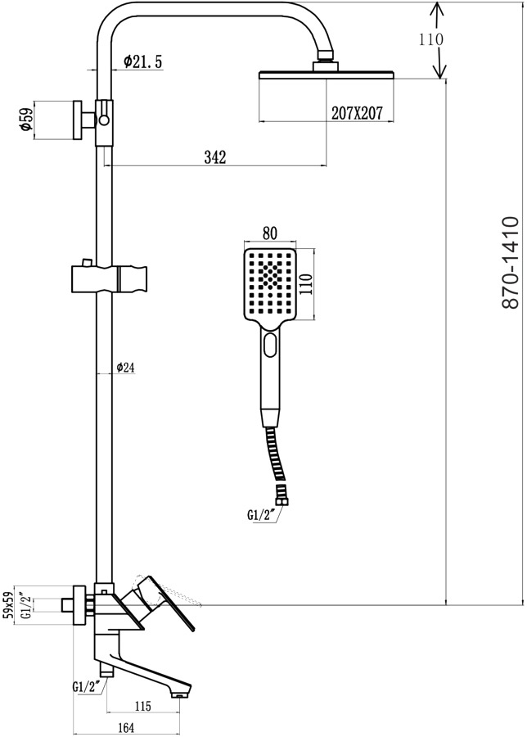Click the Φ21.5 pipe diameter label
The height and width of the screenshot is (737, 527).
coord(142,61)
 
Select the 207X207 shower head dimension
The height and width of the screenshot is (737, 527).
coord(357,113)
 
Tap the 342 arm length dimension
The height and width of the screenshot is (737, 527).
coord(215,157)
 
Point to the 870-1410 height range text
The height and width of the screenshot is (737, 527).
coord(510,262)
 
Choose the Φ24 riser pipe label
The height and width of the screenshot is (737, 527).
coord(125,367)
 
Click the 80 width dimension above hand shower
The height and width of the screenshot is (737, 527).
coord(270,233)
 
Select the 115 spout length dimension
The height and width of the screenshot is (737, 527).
coord(142,707)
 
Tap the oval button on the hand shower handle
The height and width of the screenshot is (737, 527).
coord(271,345)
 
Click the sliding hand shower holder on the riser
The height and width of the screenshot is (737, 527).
coord(110,279)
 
